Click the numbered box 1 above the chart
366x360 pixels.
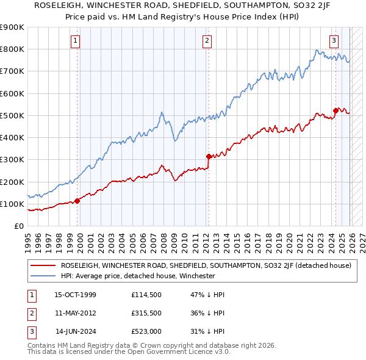pos(76,41)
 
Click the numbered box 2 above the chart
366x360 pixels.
pos(207,41)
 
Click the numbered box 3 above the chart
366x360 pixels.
pos(334,41)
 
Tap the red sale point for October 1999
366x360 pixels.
pos(77,201)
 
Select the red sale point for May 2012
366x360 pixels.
pos(209,156)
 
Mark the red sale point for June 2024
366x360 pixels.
pos(335,110)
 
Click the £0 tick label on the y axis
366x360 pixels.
pos(18,226)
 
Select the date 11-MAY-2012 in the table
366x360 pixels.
pos(75,313)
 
